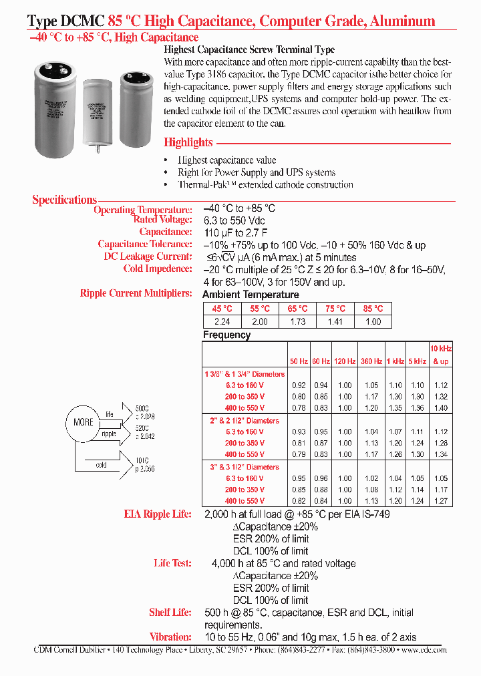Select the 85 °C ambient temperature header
(373, 309)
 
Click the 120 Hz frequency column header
(345, 361)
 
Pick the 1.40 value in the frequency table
(440, 407)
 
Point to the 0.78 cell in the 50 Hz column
(299, 407)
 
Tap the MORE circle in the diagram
(84, 422)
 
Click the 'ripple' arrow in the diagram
(110, 434)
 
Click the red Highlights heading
(188, 142)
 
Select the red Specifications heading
(65, 200)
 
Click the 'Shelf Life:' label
(170, 613)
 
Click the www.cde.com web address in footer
(424, 649)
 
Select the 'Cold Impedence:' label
(158, 269)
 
